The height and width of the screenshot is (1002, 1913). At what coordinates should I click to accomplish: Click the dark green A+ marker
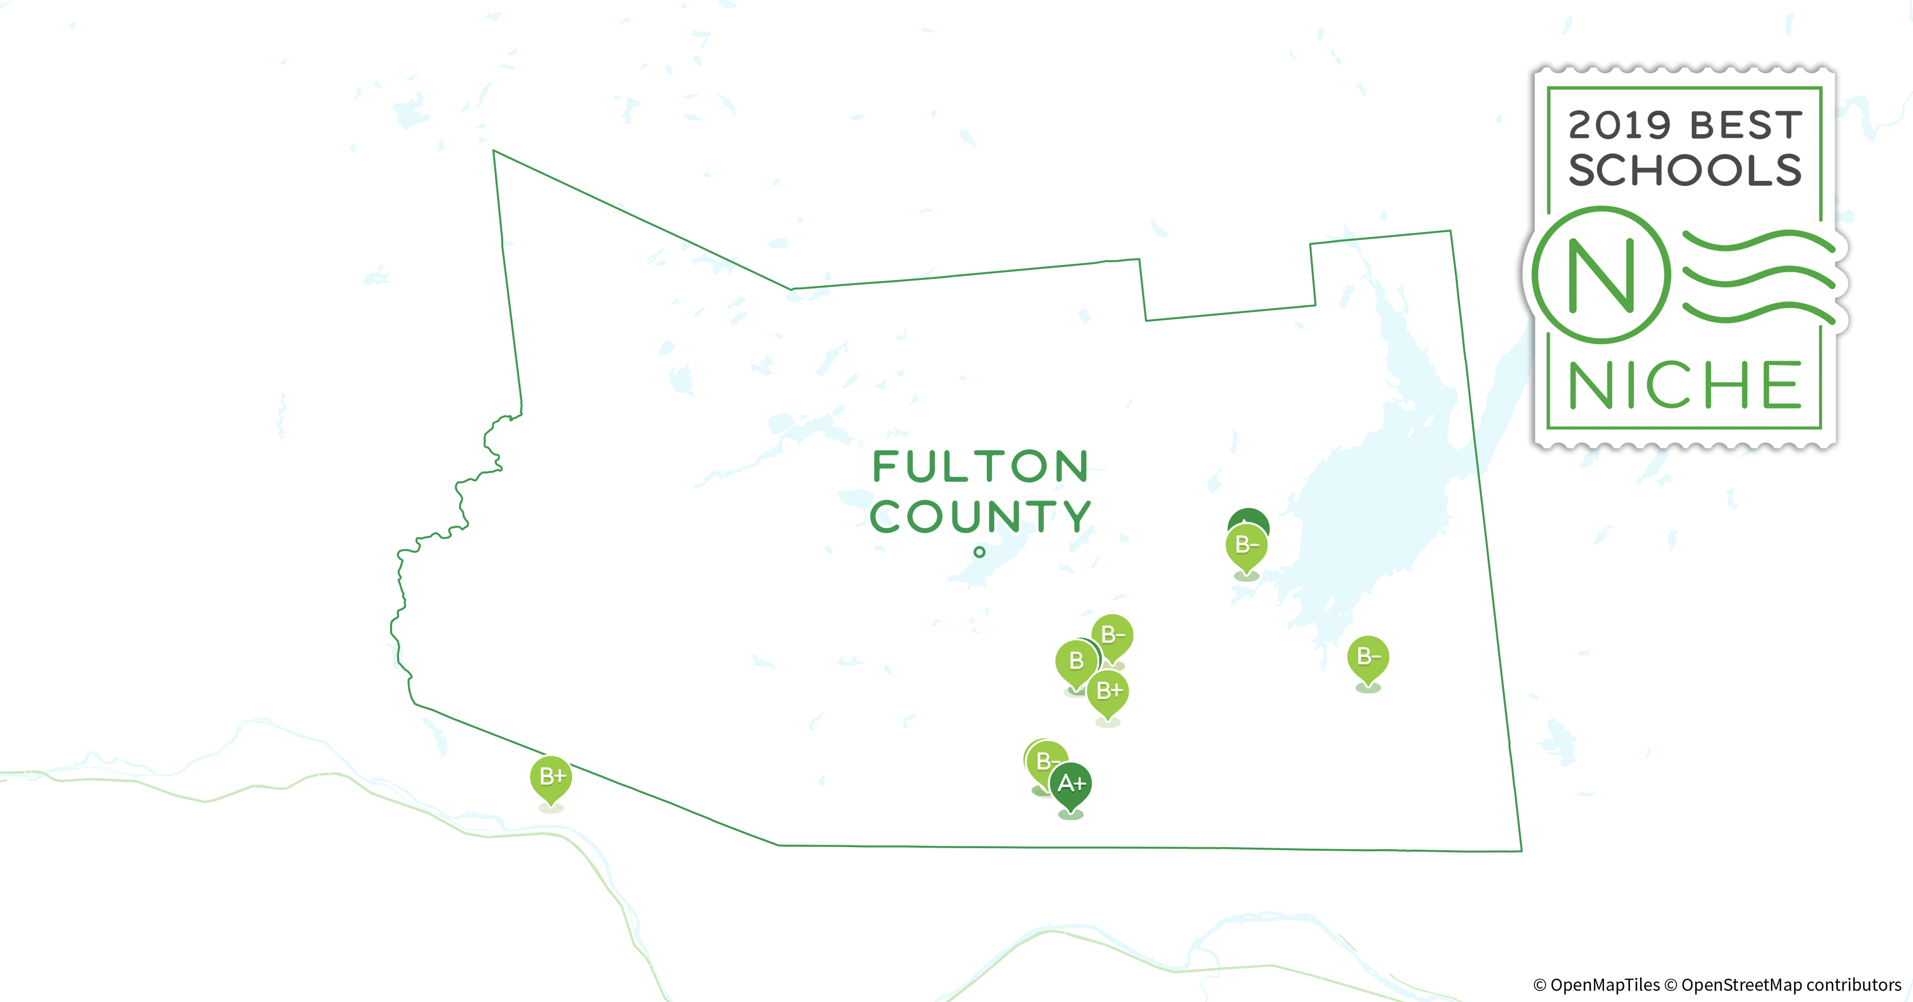[x=1070, y=785]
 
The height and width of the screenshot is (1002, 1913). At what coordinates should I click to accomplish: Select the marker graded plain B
[x=1075, y=661]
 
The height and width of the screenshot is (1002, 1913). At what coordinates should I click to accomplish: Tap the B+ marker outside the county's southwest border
[x=551, y=777]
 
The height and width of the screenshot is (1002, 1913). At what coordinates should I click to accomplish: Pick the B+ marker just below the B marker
[x=1108, y=691]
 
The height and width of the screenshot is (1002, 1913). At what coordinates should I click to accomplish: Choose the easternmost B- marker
[x=1368, y=657]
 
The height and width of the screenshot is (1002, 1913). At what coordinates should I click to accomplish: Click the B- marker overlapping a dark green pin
[x=1246, y=547]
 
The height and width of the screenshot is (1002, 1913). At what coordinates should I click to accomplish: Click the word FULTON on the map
[x=980, y=466]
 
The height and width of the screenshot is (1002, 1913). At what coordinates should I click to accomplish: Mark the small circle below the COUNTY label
[x=980, y=552]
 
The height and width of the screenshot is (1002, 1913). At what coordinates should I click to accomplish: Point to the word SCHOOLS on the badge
[x=1684, y=171]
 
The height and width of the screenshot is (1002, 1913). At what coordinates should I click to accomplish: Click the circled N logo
[x=1601, y=275]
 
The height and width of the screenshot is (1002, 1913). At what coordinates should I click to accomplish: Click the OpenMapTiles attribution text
[x=1597, y=985]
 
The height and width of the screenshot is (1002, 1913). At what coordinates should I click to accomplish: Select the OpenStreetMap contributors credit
[x=1782, y=985]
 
